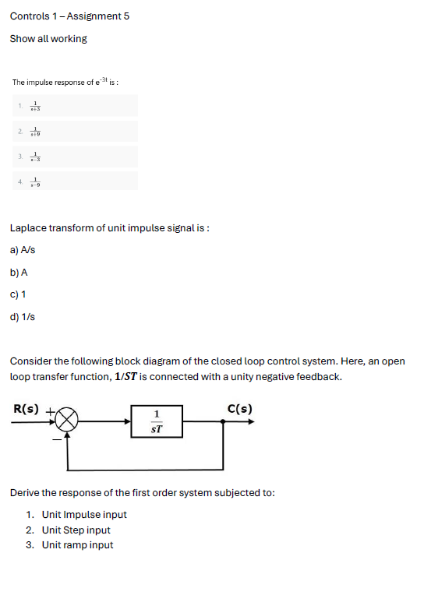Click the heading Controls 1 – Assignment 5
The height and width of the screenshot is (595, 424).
pos(69,16)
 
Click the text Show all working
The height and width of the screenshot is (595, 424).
pos(48,39)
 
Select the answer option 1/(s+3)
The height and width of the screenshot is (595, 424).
pos(34,106)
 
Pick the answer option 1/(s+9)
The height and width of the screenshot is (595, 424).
pos(34,132)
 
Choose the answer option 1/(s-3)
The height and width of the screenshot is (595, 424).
pos(34,157)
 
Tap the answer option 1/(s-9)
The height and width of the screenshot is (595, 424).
pos(34,182)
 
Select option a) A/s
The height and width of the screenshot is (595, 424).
pos(23,250)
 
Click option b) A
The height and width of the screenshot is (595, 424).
pos(19,273)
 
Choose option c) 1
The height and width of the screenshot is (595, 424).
pos(18,294)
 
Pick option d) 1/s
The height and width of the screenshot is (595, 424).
pos(23,317)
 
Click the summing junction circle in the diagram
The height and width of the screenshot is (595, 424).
pos(67,421)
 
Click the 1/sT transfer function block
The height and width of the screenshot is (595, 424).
pos(157,421)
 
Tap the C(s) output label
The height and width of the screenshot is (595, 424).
pos(239,409)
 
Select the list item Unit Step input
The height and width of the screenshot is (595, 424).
pos(76,530)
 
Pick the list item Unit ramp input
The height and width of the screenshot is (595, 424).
pos(77,545)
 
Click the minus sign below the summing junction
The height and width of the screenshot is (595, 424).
pos(55,439)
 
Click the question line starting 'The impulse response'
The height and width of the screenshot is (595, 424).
pos(65,82)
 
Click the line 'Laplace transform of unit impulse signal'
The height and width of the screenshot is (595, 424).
pos(110,228)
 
